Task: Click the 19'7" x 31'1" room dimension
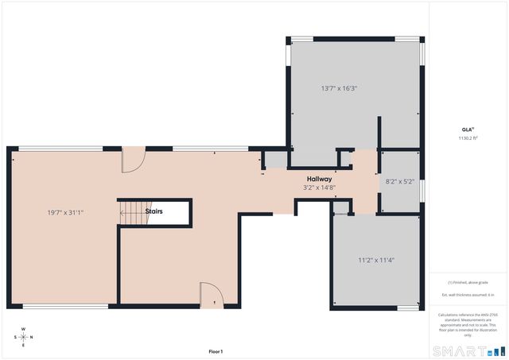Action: pyautogui.click(x=65, y=212)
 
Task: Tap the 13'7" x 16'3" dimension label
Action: pyautogui.click(x=339, y=88)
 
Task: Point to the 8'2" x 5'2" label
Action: pyautogui.click(x=400, y=181)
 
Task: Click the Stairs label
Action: pyautogui.click(x=155, y=212)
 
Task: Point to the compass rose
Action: pyautogui.click(x=24, y=336)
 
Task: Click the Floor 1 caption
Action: pyautogui.click(x=216, y=351)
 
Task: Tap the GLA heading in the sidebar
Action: pyautogui.click(x=467, y=130)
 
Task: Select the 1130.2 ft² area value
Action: pyautogui.click(x=467, y=138)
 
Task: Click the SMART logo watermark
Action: pyautogui.click(x=468, y=350)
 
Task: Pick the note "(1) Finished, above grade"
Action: pyautogui.click(x=467, y=282)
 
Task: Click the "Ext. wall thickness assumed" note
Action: pyautogui.click(x=467, y=295)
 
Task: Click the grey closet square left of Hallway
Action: pyautogui.click(x=275, y=159)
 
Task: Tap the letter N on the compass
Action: pyautogui.click(x=33, y=336)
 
